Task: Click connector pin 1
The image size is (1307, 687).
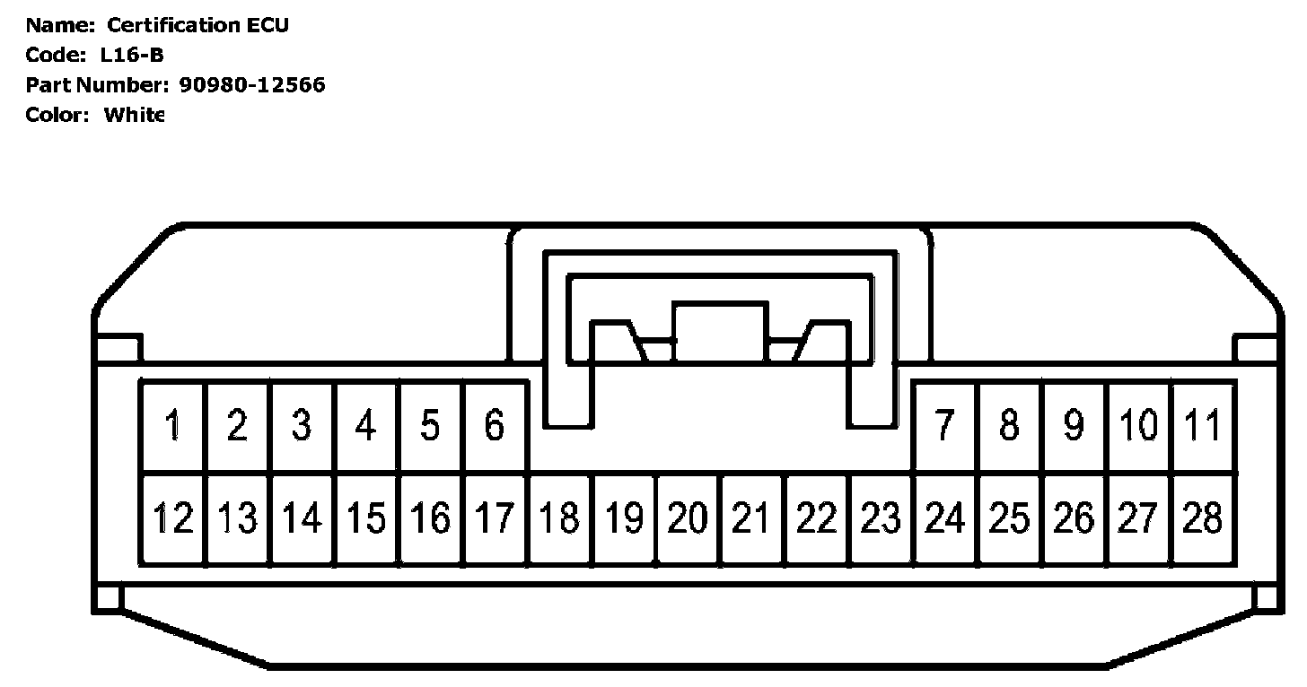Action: coord(172,425)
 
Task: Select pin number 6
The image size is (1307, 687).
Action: coord(495,425)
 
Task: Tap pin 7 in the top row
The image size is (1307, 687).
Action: coord(944,425)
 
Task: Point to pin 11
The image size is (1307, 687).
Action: coord(1203,425)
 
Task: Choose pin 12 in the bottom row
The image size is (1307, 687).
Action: coord(172,518)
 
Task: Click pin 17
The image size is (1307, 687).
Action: coord(495,518)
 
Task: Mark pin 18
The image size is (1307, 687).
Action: coord(560,518)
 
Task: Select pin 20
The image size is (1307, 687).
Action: coord(689,518)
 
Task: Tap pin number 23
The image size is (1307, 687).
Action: coord(881,518)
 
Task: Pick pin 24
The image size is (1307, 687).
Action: coord(944,518)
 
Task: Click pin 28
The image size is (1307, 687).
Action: coord(1203,518)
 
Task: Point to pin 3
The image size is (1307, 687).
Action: coord(302,425)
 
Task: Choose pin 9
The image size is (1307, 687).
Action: coord(1074,425)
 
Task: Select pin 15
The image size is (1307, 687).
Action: coord(366,518)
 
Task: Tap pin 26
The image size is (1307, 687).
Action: coord(1074,518)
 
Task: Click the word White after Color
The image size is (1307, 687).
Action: coord(134,115)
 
